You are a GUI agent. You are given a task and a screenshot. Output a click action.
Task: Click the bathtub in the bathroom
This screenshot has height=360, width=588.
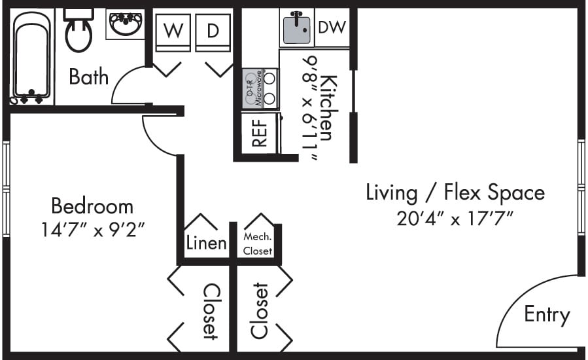pos(31,55)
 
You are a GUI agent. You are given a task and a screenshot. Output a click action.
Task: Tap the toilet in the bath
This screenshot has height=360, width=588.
pos(78,30)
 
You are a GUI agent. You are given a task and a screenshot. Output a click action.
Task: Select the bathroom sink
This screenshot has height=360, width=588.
pos(125,25)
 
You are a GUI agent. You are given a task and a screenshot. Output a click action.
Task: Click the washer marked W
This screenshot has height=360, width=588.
pos(173,31)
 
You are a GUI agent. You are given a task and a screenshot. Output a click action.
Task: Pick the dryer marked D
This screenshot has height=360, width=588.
pos(213,31)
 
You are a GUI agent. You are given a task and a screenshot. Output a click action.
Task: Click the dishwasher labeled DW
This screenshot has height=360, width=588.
pos(332,27)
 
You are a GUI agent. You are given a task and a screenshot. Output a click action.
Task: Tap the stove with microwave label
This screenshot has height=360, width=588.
pos(260,89)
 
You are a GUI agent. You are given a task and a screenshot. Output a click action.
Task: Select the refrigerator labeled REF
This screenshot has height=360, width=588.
pos(259,134)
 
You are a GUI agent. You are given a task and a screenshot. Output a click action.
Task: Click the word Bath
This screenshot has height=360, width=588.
pos(88,77)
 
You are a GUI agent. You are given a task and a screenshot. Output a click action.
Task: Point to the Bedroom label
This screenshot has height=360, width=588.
pos(92,206)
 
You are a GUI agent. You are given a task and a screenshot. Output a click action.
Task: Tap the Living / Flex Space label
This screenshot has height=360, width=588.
pos(455,192)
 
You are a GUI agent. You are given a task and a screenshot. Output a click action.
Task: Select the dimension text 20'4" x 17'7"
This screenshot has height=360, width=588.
pos(455,217)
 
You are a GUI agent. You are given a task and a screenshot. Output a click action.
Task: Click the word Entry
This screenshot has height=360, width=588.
pos(547,315)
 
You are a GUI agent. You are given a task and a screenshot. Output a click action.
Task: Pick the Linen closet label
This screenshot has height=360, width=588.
pos(206,243)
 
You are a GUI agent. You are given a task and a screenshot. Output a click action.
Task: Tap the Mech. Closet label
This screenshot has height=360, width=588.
pos(257,244)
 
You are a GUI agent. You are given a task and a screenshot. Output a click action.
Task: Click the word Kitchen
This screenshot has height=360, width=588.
pos(328,108)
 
